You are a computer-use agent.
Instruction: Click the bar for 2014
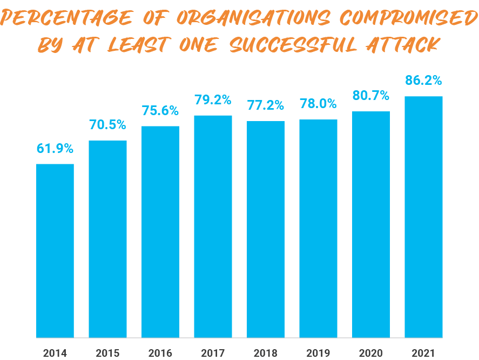(x=55, y=250)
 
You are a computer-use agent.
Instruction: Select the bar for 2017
(x=213, y=226)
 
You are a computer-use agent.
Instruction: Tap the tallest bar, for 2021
(x=424, y=217)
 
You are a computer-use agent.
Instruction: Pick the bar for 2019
(x=318, y=228)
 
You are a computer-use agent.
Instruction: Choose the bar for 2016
(x=160, y=231)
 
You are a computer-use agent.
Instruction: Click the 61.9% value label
(x=55, y=149)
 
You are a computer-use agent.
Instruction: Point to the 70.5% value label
(x=107, y=125)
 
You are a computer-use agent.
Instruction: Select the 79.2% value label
(x=213, y=100)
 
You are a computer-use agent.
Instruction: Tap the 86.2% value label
(x=424, y=81)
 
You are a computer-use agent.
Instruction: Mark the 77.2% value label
(x=266, y=105)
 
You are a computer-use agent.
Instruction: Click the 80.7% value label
(x=371, y=96)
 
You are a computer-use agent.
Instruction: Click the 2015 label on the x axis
(x=107, y=354)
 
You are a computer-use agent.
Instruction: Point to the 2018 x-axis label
(x=266, y=354)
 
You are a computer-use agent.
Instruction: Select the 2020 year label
(x=371, y=354)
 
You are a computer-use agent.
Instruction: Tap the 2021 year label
(x=424, y=354)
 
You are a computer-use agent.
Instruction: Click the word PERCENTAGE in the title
(x=66, y=18)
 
